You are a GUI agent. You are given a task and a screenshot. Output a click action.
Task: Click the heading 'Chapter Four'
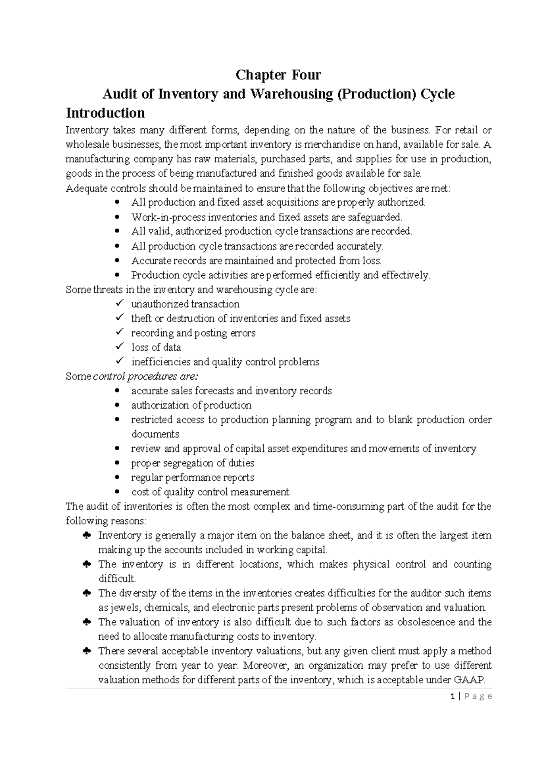(278, 75)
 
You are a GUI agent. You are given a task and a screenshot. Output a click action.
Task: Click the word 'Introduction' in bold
(105, 113)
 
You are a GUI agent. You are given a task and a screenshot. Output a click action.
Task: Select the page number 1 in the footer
(453, 696)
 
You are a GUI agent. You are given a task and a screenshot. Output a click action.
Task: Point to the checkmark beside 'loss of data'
(119, 347)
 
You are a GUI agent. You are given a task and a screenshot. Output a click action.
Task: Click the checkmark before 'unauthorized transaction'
(119, 303)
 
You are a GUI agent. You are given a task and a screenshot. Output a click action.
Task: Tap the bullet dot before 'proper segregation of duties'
(118, 463)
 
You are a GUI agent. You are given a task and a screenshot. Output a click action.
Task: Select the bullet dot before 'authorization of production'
(118, 405)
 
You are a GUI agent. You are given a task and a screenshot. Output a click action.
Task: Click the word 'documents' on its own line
(155, 434)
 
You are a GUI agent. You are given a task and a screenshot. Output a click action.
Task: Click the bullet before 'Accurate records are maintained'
(118, 261)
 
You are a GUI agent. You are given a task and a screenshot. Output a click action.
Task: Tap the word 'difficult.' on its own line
(117, 579)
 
